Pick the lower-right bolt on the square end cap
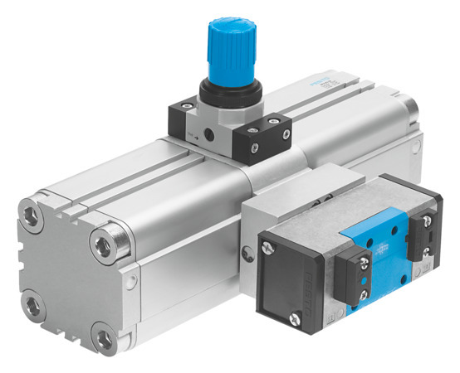point(105,337)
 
